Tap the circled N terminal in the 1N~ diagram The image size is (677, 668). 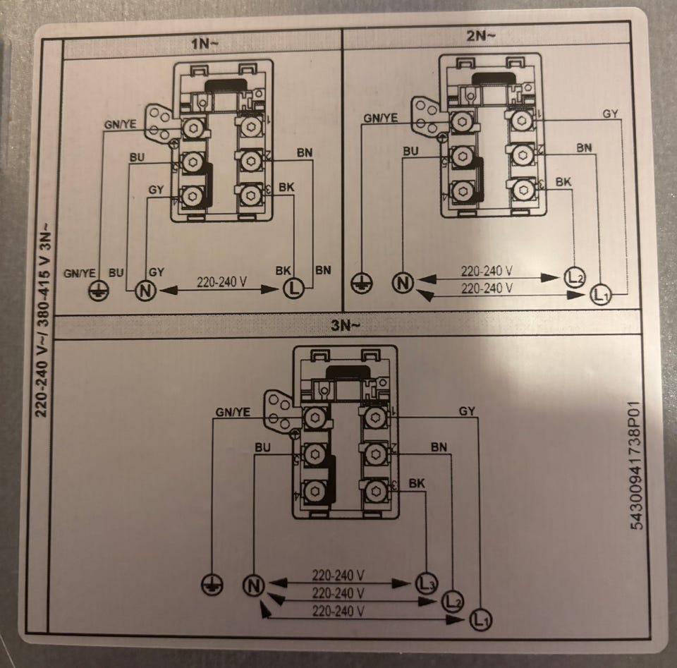pyautogui.click(x=145, y=289)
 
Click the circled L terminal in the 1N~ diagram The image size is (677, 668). pyautogui.click(x=293, y=289)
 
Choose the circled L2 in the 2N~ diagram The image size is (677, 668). pyautogui.click(x=575, y=277)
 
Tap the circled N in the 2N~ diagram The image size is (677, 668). pyautogui.click(x=403, y=283)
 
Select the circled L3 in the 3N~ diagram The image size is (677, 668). pyautogui.click(x=425, y=583)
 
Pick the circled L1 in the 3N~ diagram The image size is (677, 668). pyautogui.click(x=480, y=621)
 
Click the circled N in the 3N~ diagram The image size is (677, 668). pyautogui.click(x=253, y=585)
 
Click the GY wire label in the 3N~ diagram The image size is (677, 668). pyautogui.click(x=466, y=411)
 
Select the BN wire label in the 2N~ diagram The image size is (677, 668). pyautogui.click(x=584, y=148)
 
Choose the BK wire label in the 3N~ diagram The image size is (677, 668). pyautogui.click(x=417, y=482)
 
